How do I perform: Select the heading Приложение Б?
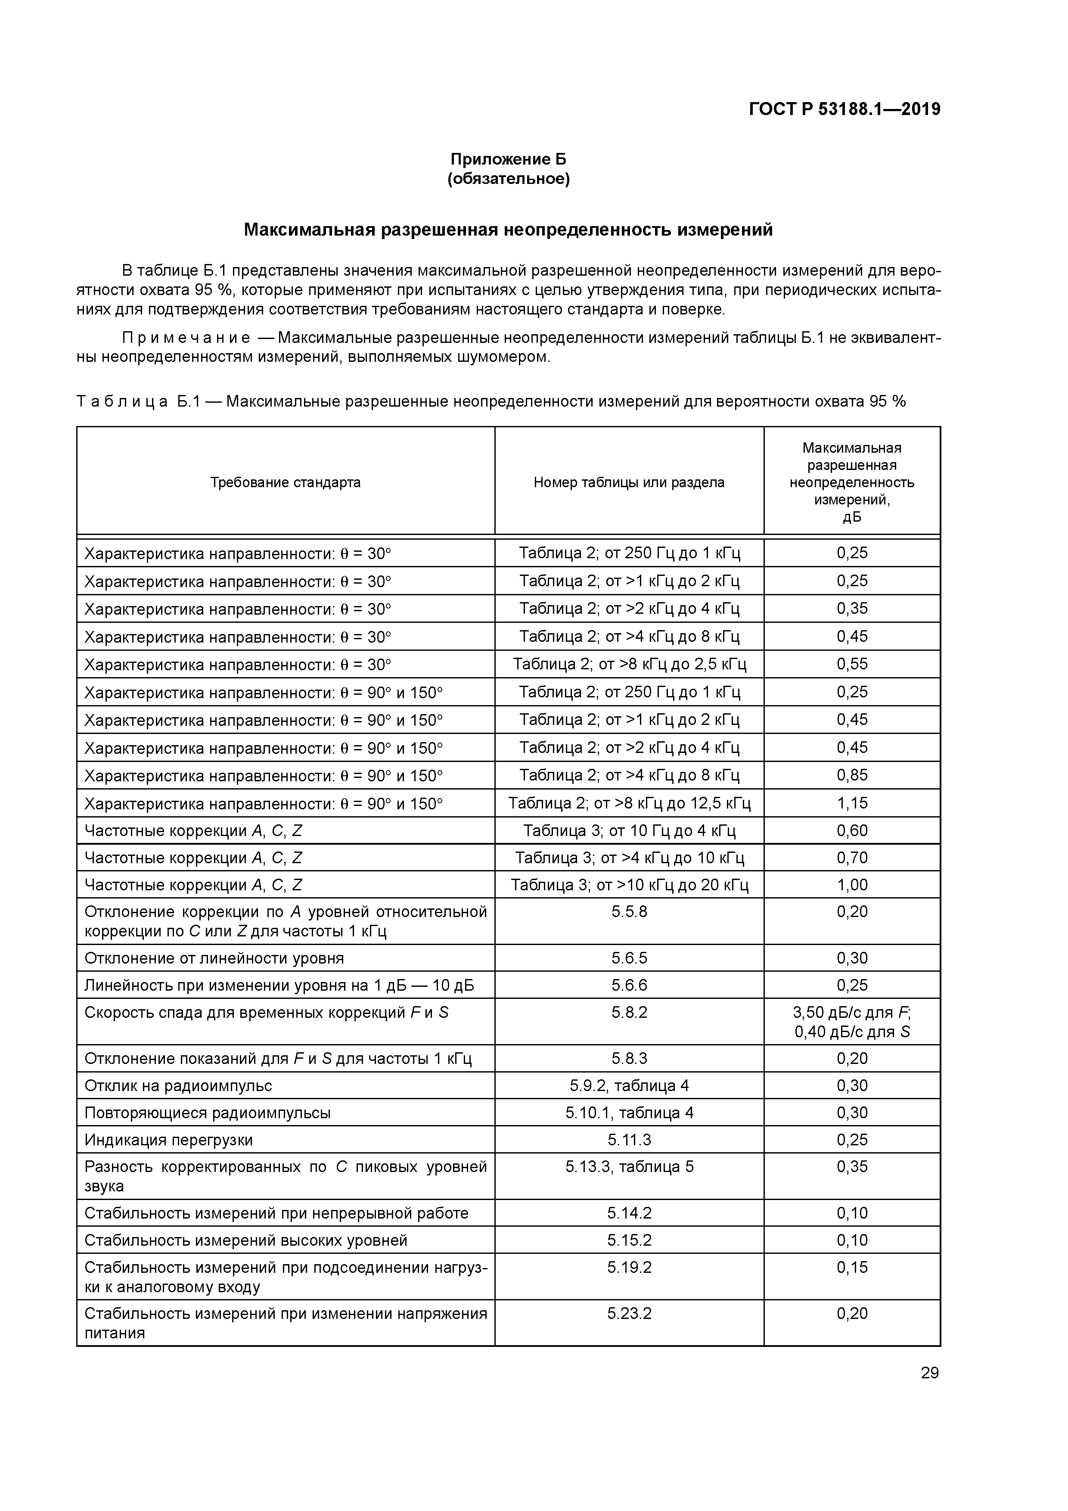(x=508, y=159)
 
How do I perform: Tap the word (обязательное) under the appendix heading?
(x=508, y=179)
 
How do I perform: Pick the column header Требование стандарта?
(x=286, y=482)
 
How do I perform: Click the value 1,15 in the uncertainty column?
(x=852, y=803)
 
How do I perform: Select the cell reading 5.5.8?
(x=629, y=911)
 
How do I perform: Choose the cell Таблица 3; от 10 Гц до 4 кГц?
(x=629, y=830)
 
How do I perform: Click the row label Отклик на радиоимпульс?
(x=178, y=1086)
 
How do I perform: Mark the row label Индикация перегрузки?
(x=168, y=1140)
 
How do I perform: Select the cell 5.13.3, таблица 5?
(x=629, y=1167)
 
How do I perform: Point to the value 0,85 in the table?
(x=852, y=775)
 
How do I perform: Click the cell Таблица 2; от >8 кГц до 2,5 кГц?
(x=629, y=664)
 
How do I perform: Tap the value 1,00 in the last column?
(x=852, y=884)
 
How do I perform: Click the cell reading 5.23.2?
(x=629, y=1314)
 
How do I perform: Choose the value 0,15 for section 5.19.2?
(x=852, y=1267)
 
